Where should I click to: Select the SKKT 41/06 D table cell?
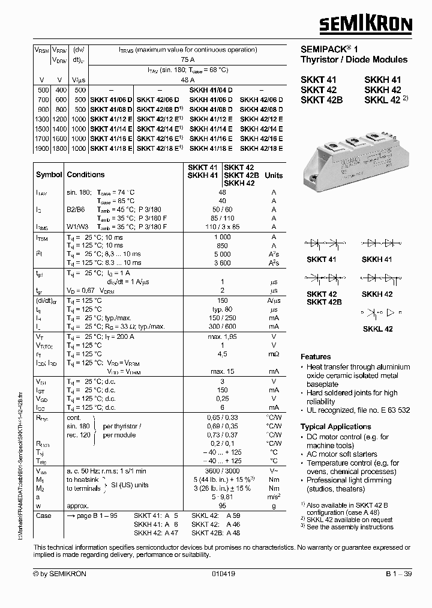coord(112,99)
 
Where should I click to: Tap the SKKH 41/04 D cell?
coord(211,89)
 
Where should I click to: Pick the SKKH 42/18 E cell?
coord(262,148)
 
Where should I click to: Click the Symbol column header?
coord(49,175)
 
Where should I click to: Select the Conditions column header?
coord(85,175)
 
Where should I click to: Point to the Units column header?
coord(274,175)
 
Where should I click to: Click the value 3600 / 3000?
coord(223,472)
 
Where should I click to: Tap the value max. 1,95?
coord(223,338)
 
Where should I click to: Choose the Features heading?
coord(316,356)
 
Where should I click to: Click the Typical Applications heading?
coord(335,427)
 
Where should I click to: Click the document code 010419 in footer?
coord(223,574)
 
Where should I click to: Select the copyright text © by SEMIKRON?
coord(60,574)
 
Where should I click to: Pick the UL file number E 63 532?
coord(393,410)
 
